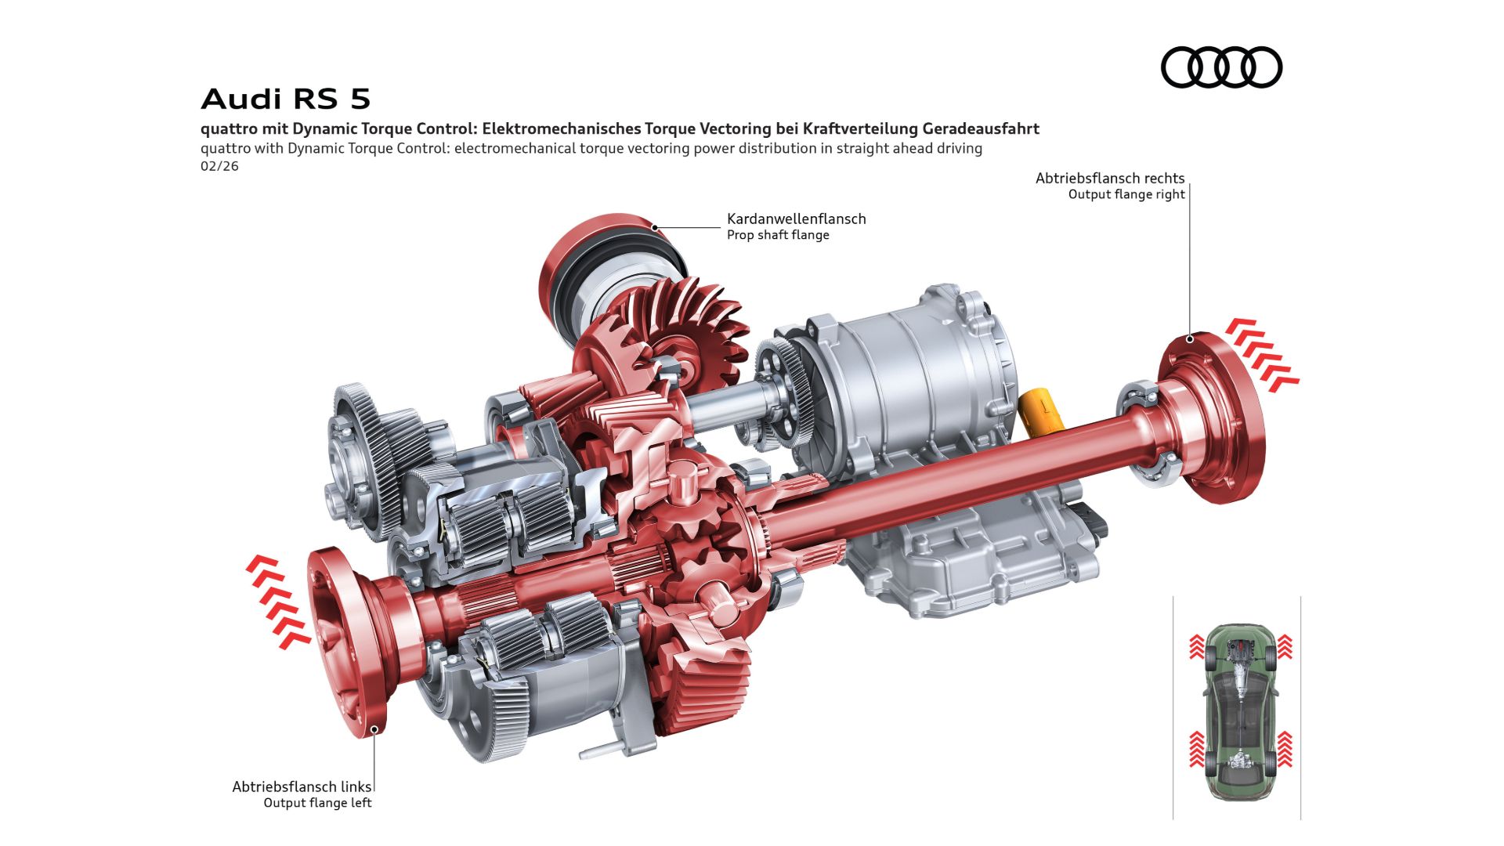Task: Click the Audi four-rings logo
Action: tap(1221, 67)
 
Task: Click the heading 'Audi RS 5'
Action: tap(285, 99)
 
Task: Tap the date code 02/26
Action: tap(219, 166)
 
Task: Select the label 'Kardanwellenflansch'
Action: tap(796, 219)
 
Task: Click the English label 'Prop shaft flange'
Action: tap(778, 235)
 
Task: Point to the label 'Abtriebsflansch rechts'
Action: tap(1110, 179)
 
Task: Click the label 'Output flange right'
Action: tap(1126, 194)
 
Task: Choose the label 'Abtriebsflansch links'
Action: tap(302, 786)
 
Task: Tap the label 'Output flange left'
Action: tap(317, 803)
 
